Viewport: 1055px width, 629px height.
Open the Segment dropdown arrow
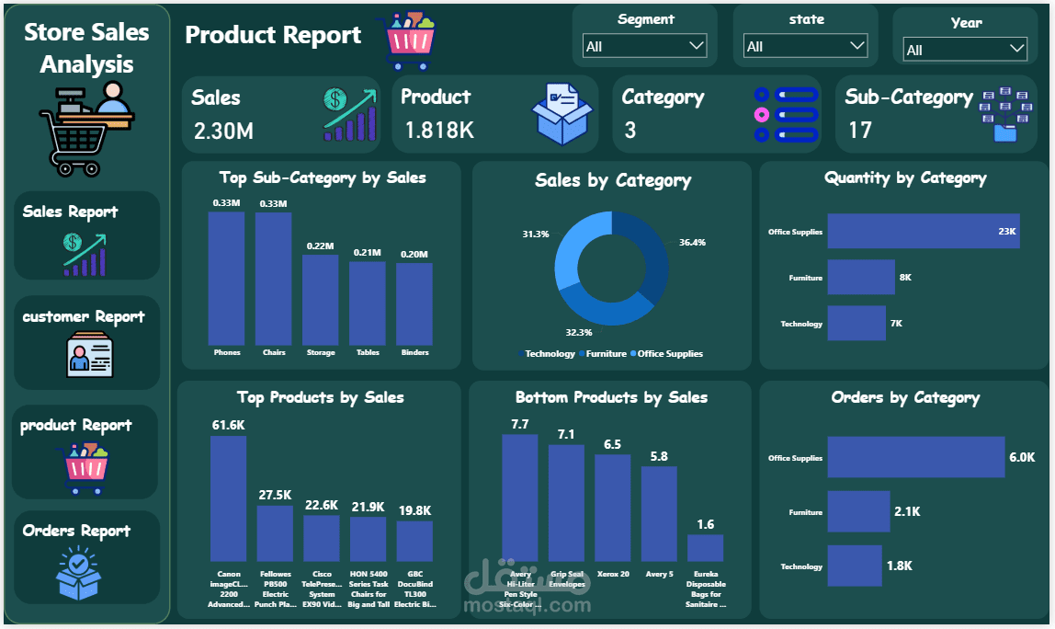696,45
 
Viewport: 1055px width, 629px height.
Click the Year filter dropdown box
965,50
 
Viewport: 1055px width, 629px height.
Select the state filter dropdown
806,46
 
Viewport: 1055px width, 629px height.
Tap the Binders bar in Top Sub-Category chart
414,303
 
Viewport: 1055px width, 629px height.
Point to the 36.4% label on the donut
692,243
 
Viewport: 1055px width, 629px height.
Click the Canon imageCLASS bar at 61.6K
228,497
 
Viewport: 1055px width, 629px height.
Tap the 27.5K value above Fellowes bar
275,495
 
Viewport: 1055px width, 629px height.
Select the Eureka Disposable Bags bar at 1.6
705,548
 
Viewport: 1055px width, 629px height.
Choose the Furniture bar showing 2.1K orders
858,511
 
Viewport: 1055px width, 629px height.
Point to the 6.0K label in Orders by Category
1022,457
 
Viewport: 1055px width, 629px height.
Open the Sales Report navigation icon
85,255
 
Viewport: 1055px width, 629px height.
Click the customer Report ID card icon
90,356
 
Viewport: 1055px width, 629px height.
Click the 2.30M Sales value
223,132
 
